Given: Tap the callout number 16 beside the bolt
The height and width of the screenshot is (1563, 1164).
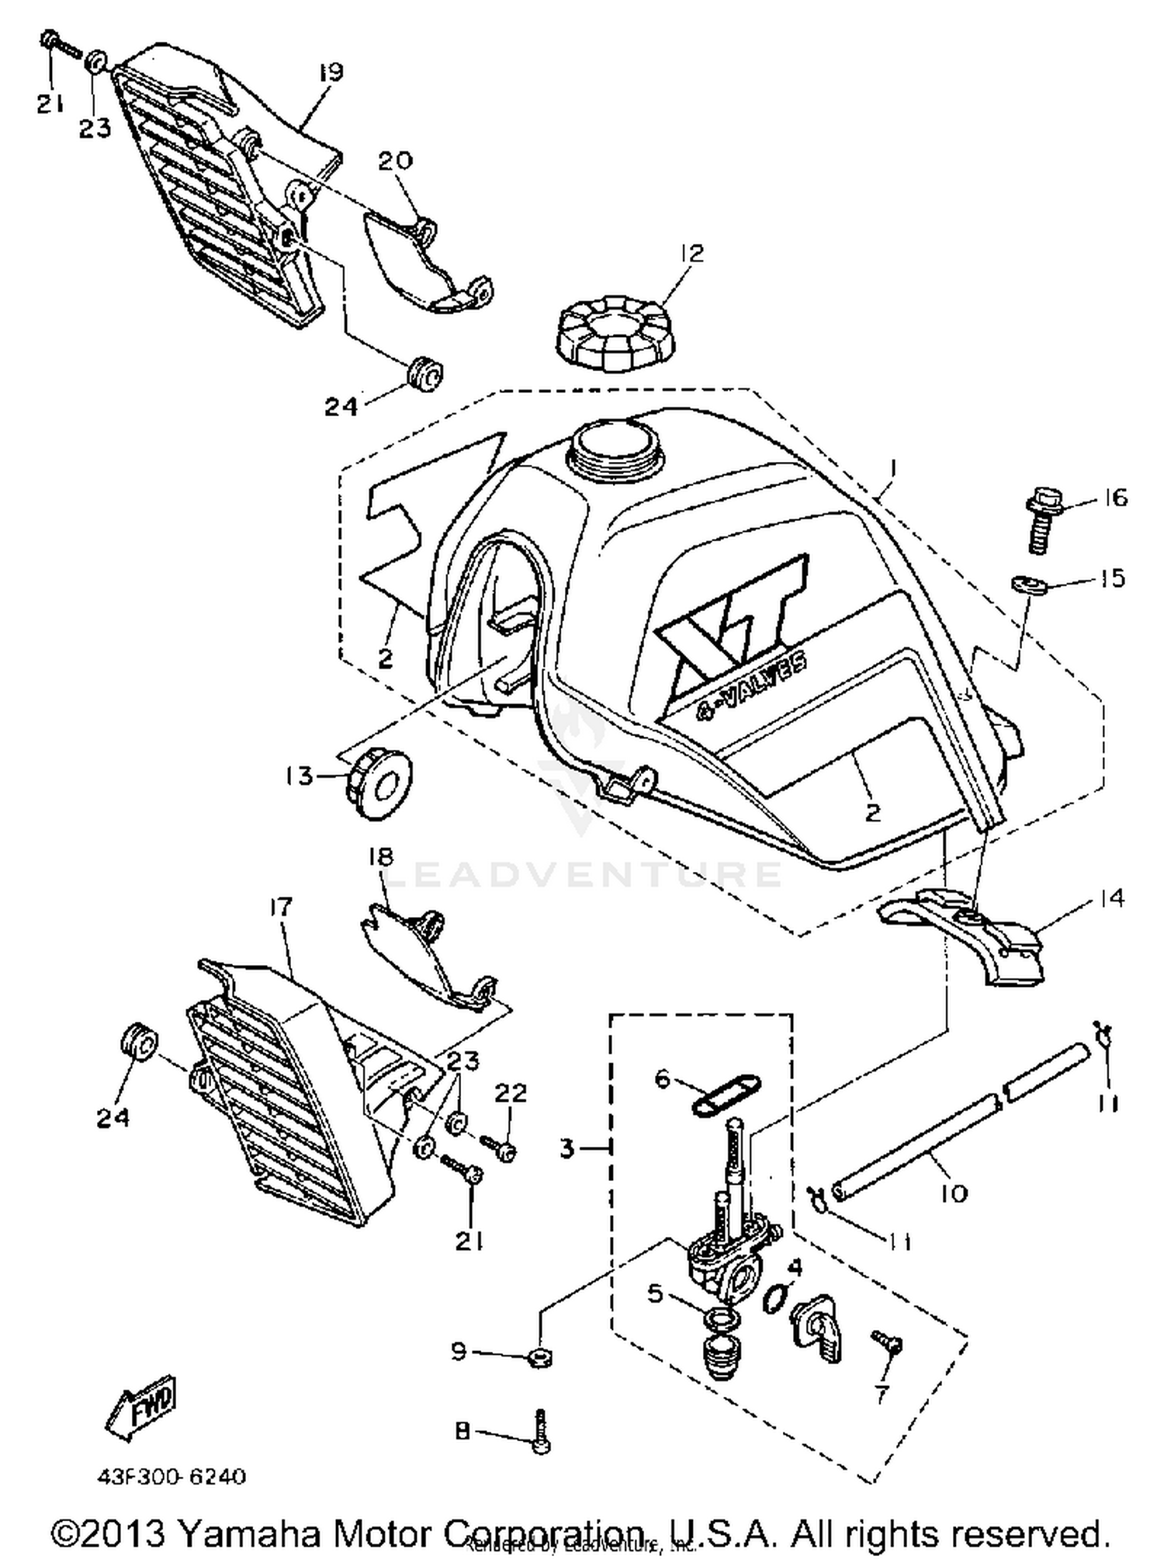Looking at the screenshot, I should click(1114, 497).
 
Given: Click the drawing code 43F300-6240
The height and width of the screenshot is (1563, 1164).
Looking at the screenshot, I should click(171, 1476).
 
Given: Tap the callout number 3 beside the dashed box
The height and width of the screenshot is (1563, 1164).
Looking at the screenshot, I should click(568, 1147).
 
